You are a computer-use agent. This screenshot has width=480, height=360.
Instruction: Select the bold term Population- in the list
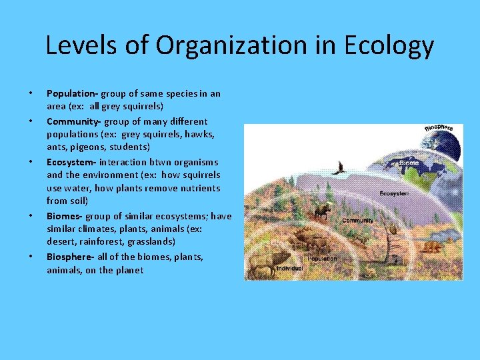click(x=72, y=93)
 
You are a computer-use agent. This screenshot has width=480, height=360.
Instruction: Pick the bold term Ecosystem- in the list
click(x=71, y=162)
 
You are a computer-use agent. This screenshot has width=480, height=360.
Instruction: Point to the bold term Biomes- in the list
click(x=64, y=216)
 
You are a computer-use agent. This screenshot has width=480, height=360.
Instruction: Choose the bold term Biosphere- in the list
click(x=69, y=257)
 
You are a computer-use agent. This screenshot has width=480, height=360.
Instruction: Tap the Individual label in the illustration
click(x=289, y=269)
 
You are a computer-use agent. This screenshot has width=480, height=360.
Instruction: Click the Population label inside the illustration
click(x=322, y=259)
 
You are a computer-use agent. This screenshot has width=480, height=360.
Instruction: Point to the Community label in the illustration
click(x=357, y=219)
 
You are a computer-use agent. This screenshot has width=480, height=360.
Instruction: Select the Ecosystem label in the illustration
click(x=395, y=193)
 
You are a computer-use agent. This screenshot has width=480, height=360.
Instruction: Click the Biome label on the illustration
click(x=409, y=161)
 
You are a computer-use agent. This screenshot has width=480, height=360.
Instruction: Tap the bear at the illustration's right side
click(x=431, y=246)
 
